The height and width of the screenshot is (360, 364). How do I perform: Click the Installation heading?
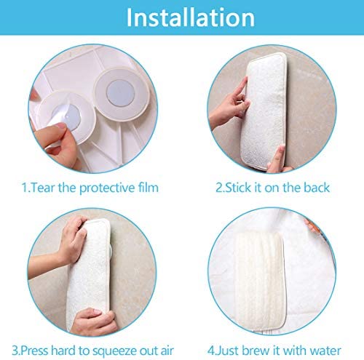pyautogui.click(x=191, y=17)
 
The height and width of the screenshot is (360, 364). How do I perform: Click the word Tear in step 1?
pyautogui.click(x=42, y=188)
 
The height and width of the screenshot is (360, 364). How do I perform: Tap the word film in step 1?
pyautogui.click(x=148, y=188)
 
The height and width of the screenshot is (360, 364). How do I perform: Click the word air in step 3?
pyautogui.click(x=167, y=351)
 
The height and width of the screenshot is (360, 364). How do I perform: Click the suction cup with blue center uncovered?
pyautogui.click(x=121, y=95)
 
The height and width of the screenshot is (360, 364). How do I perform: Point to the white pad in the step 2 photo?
pyautogui.click(x=264, y=111)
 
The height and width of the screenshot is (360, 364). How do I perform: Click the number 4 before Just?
pyautogui.click(x=211, y=351)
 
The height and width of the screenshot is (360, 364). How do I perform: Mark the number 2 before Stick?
pyautogui.click(x=219, y=188)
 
